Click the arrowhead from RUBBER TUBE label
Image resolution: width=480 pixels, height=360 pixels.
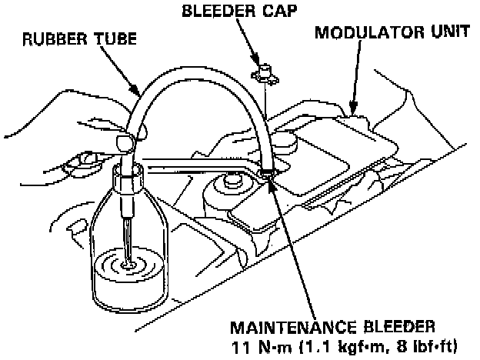point(139,93)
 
